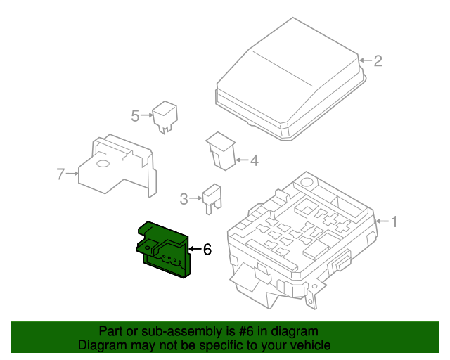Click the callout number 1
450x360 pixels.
(x=394, y=222)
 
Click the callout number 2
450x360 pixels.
(x=378, y=60)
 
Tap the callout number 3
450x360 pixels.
(x=184, y=199)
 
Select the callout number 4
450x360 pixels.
(x=254, y=161)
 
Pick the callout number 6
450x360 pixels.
(x=207, y=249)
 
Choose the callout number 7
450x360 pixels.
(x=60, y=173)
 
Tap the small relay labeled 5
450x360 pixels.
(x=165, y=116)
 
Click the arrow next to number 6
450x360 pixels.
(x=195, y=249)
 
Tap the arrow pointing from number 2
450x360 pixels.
(x=365, y=60)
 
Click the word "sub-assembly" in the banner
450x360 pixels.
(x=179, y=331)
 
